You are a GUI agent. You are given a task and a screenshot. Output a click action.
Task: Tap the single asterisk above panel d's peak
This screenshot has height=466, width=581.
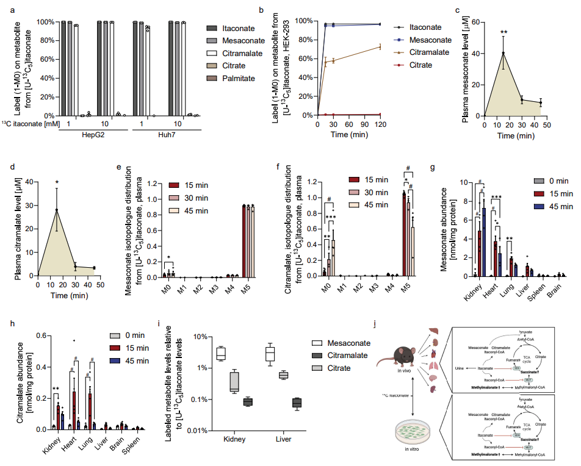[x=57, y=182]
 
